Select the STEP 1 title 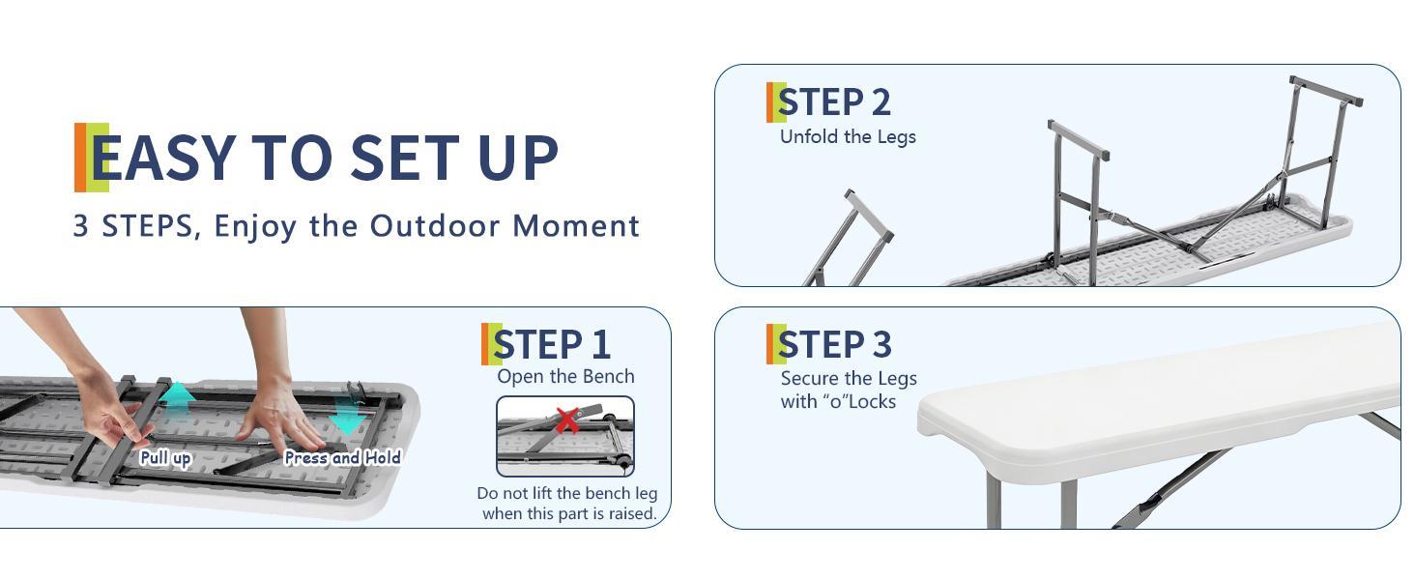(552, 344)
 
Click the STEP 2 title (834, 102)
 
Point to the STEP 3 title (834, 344)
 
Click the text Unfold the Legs (848, 136)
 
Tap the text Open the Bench (565, 377)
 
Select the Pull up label (165, 457)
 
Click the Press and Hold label (342, 457)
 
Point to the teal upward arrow (179, 398)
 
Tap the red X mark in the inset (568, 420)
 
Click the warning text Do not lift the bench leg (566, 493)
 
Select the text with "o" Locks (838, 401)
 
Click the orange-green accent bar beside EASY (91, 158)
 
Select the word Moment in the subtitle (576, 225)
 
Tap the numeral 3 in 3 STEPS (80, 225)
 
